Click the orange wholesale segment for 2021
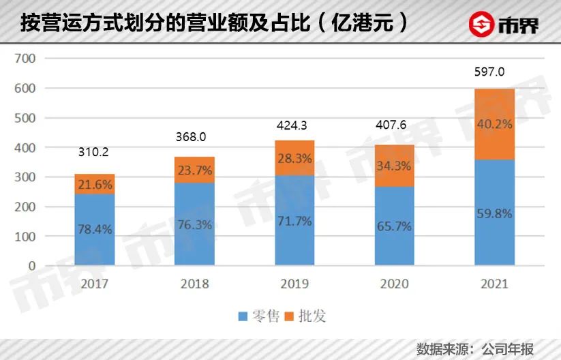(x=495, y=124)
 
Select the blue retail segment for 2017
(x=94, y=230)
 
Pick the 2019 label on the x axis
(x=294, y=284)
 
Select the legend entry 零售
(x=259, y=316)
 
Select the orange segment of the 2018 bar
(x=194, y=170)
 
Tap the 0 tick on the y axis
(x=30, y=266)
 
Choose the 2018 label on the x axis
(x=194, y=284)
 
